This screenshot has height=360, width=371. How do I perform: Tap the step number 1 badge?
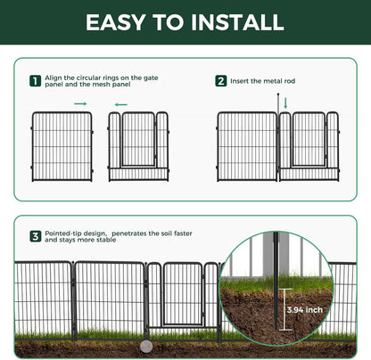35,81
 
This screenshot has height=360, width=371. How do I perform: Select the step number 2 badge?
220,81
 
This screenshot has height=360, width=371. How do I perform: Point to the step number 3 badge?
35,237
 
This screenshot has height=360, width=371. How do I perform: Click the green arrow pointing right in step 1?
80,104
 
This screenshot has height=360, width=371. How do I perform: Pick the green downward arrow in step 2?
285,104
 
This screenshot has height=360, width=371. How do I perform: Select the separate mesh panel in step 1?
62,145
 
